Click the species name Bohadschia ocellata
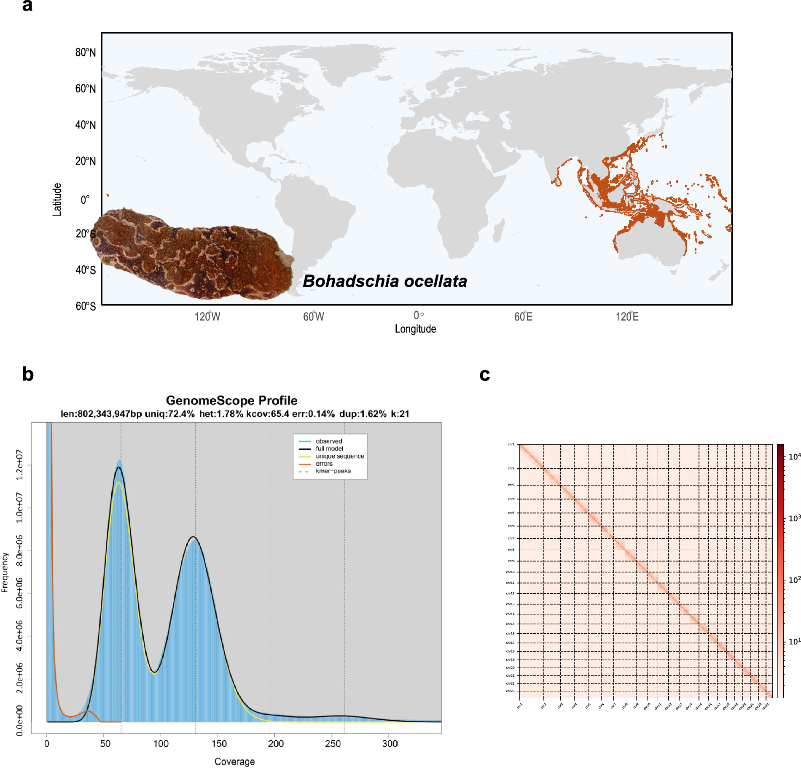click(x=384, y=281)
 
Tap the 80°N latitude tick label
click(x=86, y=52)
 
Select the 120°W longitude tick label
click(x=207, y=316)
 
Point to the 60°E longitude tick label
click(x=523, y=316)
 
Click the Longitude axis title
click(x=415, y=329)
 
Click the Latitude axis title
click(x=57, y=200)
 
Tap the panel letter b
click(x=28, y=374)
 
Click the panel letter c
click(x=485, y=374)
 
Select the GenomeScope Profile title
click(x=231, y=400)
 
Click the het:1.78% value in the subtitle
click(x=221, y=413)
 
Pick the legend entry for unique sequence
click(x=339, y=456)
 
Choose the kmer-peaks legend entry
click(x=333, y=471)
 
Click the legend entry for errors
click(x=324, y=463)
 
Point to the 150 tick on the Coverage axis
click(x=219, y=743)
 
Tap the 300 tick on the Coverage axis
click(x=390, y=743)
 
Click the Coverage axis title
click(x=234, y=761)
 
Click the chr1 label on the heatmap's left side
click(x=511, y=444)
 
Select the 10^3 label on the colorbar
click(x=794, y=518)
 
